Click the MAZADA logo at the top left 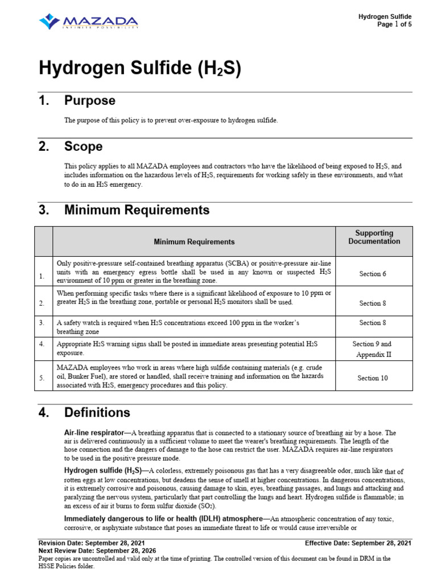tap(88, 22)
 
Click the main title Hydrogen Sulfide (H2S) tap(140, 68)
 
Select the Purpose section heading tap(89, 101)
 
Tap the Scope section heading tap(83, 146)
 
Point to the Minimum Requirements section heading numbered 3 tap(137, 210)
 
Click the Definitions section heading tap(97, 412)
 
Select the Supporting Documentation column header tap(374, 237)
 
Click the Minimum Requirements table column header tap(194, 242)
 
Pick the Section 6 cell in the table tap(373, 274)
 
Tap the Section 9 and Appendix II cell tap(373, 349)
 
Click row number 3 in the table tap(42, 323)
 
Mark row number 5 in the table tap(42, 377)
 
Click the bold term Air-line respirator tap(94, 433)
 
